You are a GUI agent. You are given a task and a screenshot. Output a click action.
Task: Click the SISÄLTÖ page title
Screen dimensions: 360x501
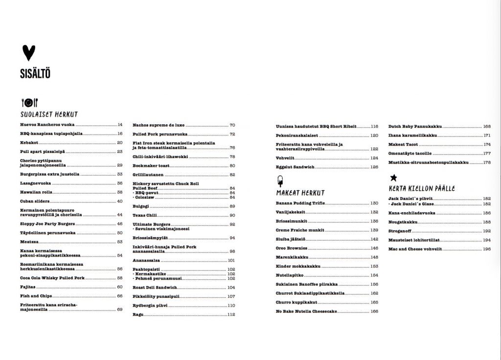click(x=36, y=74)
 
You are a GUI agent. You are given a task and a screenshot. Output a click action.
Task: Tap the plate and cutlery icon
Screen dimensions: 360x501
click(x=28, y=102)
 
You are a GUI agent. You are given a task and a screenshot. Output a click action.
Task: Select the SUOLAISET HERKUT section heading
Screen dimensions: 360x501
click(x=49, y=114)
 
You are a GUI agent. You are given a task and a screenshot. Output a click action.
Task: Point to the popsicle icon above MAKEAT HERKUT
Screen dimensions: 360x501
click(x=280, y=181)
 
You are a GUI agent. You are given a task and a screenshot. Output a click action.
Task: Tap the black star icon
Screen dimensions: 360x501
click(x=393, y=178)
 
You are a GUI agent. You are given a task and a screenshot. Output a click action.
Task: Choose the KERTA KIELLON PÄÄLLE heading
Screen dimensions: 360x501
click(x=422, y=188)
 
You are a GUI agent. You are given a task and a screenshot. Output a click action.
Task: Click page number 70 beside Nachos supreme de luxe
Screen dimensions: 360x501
click(x=232, y=125)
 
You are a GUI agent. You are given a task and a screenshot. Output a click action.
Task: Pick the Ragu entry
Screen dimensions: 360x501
click(x=138, y=315)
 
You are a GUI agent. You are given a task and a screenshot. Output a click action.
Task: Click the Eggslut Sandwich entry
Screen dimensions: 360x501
click(x=295, y=167)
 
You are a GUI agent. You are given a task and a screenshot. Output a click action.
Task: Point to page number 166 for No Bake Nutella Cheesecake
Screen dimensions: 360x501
click(x=374, y=311)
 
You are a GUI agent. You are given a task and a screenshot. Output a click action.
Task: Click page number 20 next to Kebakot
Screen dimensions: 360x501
click(x=120, y=142)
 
